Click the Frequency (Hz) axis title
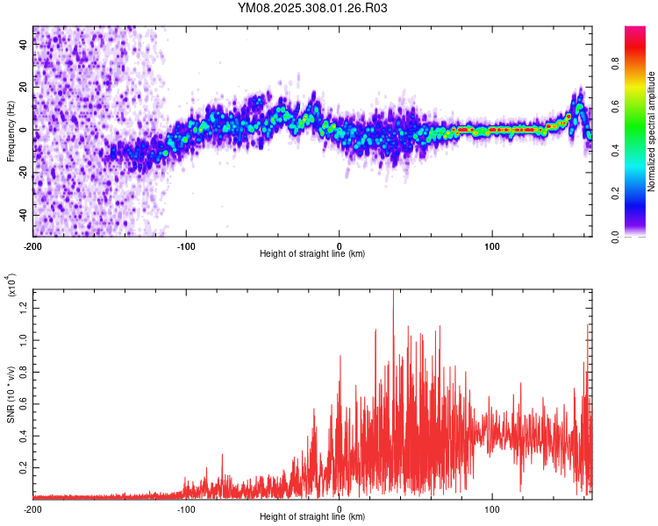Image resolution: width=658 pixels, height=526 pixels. pyautogui.click(x=11, y=131)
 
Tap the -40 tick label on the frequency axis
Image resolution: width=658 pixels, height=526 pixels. pyautogui.click(x=22, y=215)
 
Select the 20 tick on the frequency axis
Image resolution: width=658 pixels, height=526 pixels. pyautogui.click(x=25, y=88)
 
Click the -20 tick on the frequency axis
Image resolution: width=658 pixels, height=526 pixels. pyautogui.click(x=22, y=173)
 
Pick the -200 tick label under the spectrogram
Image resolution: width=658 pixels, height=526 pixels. pyautogui.click(x=33, y=246)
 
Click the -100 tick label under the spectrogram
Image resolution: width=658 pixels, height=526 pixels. pyautogui.click(x=186, y=246)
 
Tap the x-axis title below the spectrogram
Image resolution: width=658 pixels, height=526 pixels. pyautogui.click(x=312, y=254)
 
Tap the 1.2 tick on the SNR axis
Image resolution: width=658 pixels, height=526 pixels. pyautogui.click(x=22, y=306)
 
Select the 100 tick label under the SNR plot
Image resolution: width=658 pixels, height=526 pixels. pyautogui.click(x=492, y=509)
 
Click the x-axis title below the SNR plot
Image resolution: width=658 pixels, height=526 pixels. pyautogui.click(x=312, y=517)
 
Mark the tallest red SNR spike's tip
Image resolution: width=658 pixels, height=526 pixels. pyautogui.click(x=392, y=291)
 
